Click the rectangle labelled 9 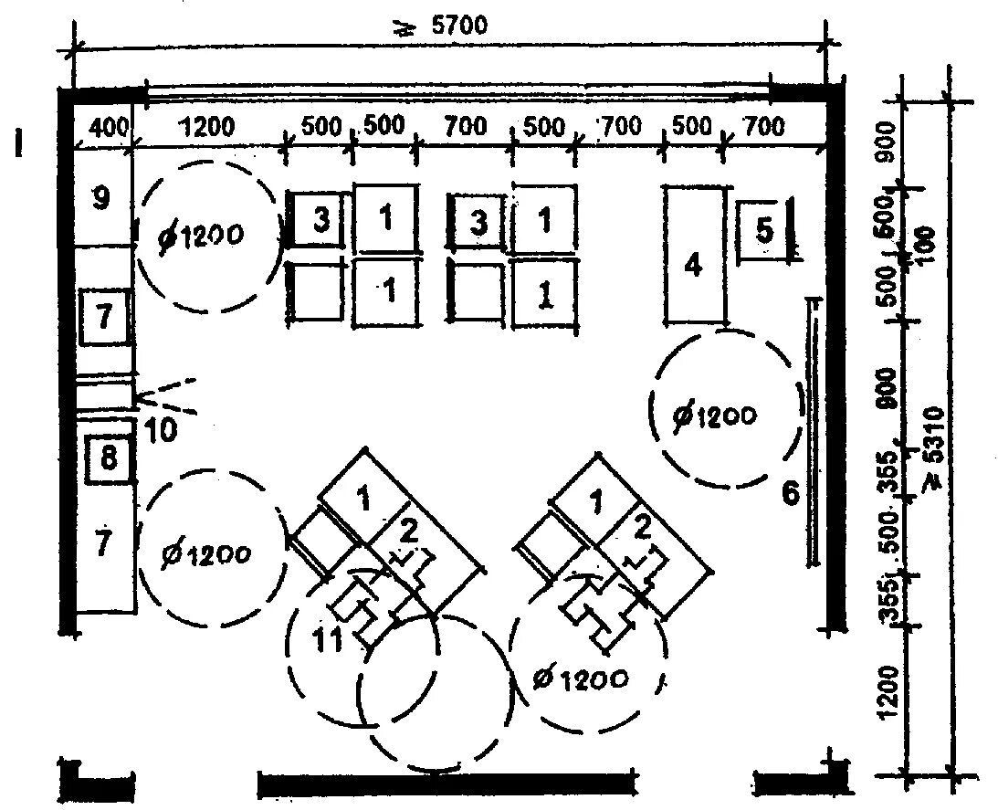coord(101,198)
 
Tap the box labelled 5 coord(765,230)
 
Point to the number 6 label coord(791,493)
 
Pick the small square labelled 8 coord(108,459)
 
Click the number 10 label coord(161,429)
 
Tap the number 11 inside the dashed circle coord(330,641)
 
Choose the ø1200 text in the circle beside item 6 coord(715,416)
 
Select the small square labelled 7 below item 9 coord(103,317)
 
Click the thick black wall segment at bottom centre coord(446,784)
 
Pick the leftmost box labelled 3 coord(320,220)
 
